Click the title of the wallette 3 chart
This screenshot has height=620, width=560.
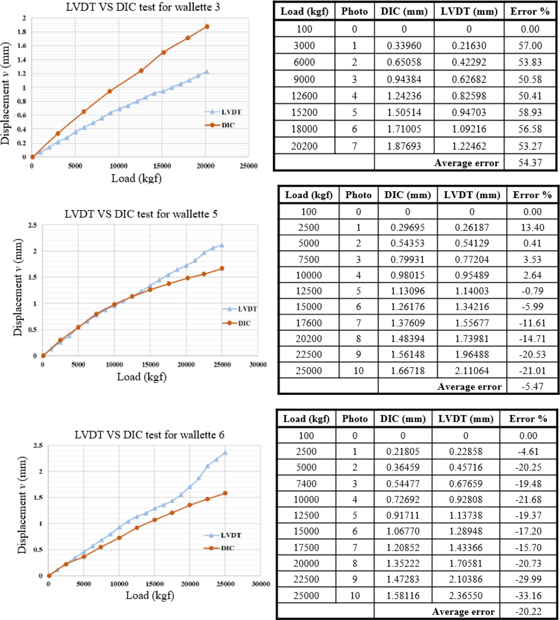point(143,7)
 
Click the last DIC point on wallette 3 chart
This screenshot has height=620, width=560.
point(207,27)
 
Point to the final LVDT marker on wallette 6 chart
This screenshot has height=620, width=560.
point(225,453)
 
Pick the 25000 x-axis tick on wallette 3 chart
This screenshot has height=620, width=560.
point(248,166)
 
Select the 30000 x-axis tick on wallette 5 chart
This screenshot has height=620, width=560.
point(258,365)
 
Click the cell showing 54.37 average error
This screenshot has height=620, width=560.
point(530,162)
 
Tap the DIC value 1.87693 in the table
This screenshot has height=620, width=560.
point(404,146)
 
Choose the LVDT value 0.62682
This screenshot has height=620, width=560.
point(469,79)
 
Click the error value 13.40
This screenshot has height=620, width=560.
point(532,227)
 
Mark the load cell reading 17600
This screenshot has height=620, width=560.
point(309,323)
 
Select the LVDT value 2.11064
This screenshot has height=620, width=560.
point(472,370)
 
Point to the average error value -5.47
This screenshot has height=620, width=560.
point(532,386)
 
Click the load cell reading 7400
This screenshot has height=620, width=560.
point(306,484)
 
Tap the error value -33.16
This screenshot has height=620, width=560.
point(528,595)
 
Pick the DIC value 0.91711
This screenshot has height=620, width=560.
point(403,515)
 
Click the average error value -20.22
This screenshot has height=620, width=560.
point(528,611)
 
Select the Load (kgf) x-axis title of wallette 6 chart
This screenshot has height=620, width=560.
point(150,595)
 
